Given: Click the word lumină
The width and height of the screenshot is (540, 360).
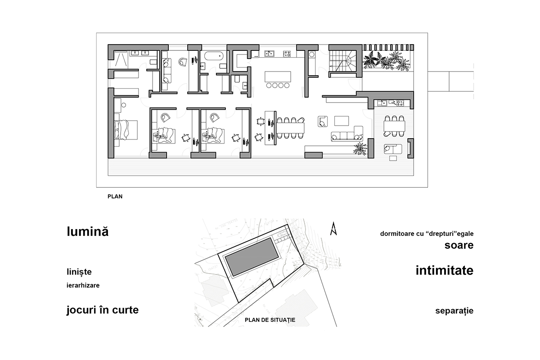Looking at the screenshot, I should (88, 232).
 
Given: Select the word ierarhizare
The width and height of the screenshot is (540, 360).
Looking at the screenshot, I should (83, 285).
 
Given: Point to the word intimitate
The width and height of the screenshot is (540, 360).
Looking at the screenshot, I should (444, 270).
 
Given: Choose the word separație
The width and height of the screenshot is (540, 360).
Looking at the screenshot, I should (454, 311).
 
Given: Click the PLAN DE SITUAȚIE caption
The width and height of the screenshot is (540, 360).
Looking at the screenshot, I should (270, 320).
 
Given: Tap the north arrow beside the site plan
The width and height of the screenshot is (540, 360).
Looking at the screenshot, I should (333, 229).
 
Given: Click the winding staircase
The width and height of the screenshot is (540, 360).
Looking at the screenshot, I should (344, 59).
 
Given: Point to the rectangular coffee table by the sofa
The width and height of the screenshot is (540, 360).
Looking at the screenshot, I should (342, 121).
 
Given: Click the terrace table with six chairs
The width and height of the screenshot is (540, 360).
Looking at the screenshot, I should (394, 126).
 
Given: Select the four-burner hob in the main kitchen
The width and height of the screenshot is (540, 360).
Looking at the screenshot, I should (287, 54).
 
